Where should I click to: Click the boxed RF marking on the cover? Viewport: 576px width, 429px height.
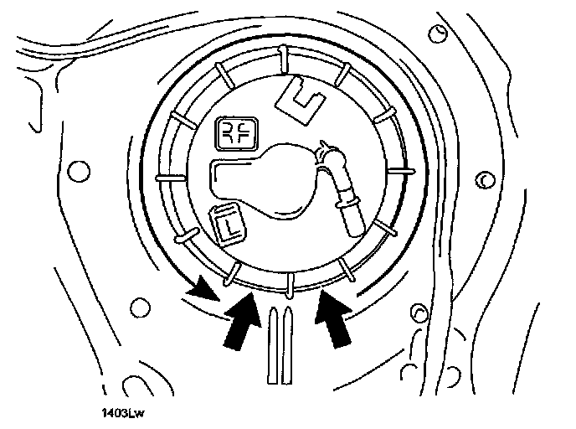click(237, 132)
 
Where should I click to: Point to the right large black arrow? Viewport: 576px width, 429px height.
click(333, 319)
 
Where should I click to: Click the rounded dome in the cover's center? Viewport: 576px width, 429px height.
click(280, 180)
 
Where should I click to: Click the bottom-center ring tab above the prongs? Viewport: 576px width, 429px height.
click(289, 283)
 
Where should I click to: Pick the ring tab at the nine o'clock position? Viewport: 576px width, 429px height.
click(167, 178)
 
